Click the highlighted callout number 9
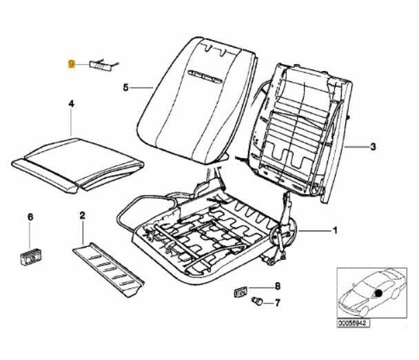coord(72,63)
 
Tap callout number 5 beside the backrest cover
coord(125,88)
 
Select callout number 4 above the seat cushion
coord(71,103)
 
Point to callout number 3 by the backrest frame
coord(373,146)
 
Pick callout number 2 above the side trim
coord(83,217)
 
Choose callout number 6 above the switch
coord(30,217)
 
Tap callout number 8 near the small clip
coord(278,286)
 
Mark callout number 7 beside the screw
coord(278,302)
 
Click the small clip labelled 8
coord(241,290)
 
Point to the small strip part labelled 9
coord(103,64)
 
